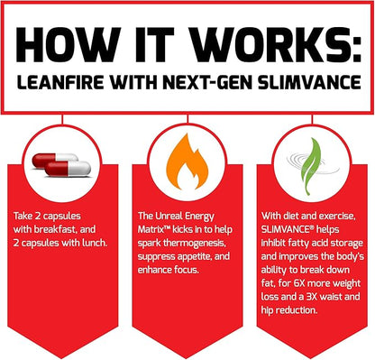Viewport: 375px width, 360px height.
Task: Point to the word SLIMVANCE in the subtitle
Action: [309, 82]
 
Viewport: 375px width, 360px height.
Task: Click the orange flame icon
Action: [187, 162]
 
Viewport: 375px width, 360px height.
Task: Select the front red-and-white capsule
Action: [68, 169]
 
